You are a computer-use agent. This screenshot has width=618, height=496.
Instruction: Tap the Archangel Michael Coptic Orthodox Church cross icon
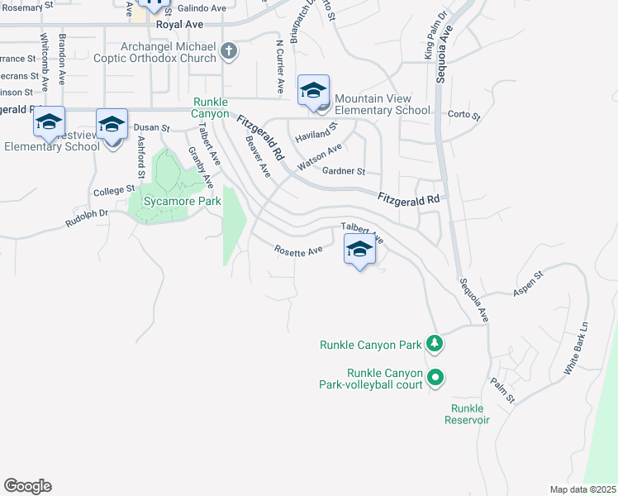(x=229, y=52)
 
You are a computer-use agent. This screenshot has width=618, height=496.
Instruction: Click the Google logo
(x=27, y=486)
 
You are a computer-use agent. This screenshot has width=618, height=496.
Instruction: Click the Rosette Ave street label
(x=297, y=250)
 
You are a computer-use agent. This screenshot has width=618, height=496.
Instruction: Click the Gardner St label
(x=344, y=171)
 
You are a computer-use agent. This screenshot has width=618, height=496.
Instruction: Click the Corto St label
(x=463, y=115)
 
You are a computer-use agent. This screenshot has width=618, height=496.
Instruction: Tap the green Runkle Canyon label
(x=210, y=107)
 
